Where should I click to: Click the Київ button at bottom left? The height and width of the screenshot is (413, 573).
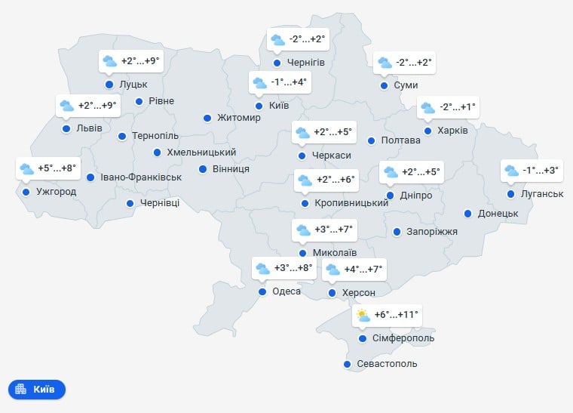[37, 390]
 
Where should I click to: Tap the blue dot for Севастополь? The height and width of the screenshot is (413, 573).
[347, 365]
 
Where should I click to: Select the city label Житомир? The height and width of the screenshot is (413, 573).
[238, 118]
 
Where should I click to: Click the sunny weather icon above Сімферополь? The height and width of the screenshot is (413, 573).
[363, 316]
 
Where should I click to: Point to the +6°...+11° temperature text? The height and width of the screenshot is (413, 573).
[396, 315]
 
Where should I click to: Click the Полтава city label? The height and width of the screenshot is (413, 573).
[401, 140]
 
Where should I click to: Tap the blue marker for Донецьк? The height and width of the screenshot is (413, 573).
[468, 214]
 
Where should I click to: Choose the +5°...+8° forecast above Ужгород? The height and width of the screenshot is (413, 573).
[57, 168]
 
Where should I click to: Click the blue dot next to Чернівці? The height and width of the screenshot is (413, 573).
[130, 203]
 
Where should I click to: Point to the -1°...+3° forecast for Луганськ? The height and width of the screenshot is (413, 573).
[541, 171]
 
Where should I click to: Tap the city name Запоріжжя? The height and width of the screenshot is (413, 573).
[432, 231]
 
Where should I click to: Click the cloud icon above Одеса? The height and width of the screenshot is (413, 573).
[262, 268]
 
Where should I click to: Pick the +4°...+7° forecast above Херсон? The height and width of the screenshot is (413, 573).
[364, 269]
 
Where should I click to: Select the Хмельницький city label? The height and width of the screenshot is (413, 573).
[201, 153]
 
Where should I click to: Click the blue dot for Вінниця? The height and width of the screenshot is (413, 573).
[203, 169]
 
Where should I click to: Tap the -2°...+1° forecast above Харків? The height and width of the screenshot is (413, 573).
[458, 108]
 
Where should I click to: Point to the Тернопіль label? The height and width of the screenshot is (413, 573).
[155, 137]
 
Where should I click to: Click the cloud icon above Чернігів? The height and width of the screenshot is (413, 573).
[277, 39]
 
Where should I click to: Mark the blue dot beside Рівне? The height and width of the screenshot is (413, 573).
[139, 101]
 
